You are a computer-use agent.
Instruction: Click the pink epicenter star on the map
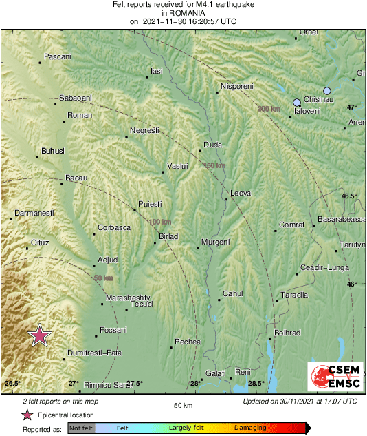point(40,335)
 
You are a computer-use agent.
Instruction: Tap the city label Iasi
point(157,71)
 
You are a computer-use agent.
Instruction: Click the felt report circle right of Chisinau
point(327,91)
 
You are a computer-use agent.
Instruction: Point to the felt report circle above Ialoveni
point(296,102)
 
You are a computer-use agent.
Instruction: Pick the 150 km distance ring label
point(214,165)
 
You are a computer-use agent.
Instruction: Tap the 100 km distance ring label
point(159,222)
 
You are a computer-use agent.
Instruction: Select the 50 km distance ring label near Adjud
point(103,278)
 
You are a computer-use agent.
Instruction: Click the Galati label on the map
point(215,373)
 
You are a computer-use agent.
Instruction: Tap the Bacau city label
point(76,178)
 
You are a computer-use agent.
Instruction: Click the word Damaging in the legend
point(250,428)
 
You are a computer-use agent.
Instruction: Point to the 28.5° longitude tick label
point(256,384)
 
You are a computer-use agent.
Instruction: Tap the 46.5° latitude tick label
point(350,196)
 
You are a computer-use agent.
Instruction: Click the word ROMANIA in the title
point(183,12)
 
